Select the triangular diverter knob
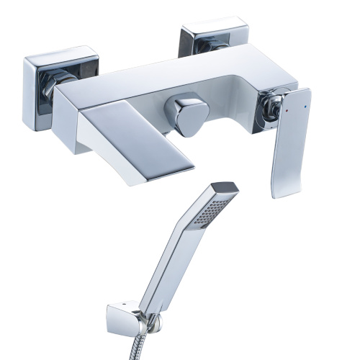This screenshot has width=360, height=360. coord(185,116)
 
